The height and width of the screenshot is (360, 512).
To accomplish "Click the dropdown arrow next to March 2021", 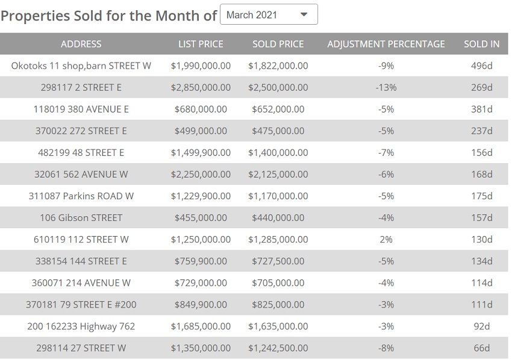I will coord(304,14).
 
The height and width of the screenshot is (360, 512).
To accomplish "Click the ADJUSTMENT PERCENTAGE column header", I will coord(386,44).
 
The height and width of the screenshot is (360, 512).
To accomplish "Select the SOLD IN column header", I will coord(481,44).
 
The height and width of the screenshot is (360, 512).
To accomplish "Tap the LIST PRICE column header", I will coord(201,44).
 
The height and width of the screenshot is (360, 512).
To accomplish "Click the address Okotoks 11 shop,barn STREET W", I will coord(81,66).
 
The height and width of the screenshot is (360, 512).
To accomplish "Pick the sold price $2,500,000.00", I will coord(278,87).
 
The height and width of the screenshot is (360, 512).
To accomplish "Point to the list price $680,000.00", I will coord(201,109).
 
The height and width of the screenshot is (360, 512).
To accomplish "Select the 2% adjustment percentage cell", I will coord(386,239).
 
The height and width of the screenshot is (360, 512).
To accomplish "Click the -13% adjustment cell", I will coord(386,87).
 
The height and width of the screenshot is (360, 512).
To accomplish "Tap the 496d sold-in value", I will coord(481,66).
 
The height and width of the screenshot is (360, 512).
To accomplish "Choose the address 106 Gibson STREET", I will coord(81,217).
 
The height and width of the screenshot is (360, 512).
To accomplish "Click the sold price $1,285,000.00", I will coord(278,239).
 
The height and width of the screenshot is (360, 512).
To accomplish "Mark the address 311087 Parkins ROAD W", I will coord(81,196).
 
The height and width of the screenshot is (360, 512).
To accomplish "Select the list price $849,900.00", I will coord(201,304).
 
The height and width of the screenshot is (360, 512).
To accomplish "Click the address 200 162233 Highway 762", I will coord(81,326).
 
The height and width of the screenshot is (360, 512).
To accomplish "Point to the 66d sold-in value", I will coord(481,347).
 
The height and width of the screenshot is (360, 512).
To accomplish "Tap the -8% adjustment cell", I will coord(386,347).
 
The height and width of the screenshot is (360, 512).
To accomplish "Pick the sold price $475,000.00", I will coord(278,131).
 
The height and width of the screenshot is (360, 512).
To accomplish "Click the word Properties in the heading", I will coord(35,16).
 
